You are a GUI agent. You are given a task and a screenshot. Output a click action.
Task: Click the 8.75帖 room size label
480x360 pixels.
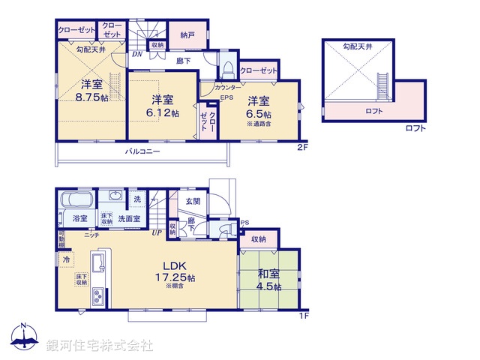pyautogui.click(x=88, y=95)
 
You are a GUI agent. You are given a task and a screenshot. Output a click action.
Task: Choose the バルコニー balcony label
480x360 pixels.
pyautogui.click(x=142, y=151)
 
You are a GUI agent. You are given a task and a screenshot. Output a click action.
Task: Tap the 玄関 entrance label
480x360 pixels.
pyautogui.click(x=192, y=201)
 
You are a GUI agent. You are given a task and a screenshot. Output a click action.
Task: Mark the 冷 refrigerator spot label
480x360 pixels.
pyautogui.click(x=66, y=259)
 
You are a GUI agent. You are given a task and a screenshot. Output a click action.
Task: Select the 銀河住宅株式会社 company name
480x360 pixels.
pyautogui.click(x=100, y=345)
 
